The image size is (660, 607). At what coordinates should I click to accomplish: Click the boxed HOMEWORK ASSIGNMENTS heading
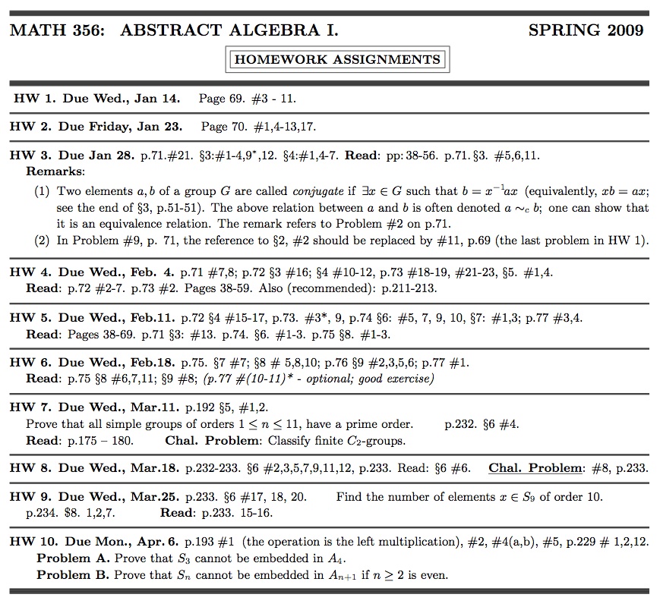(337, 59)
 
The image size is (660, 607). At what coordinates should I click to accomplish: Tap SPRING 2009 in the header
(586, 30)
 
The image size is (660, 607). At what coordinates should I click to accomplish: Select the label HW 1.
(33, 99)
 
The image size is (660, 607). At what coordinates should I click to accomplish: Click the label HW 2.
(31, 127)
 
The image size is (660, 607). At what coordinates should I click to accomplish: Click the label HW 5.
(31, 317)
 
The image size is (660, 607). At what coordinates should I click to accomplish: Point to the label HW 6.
(31, 362)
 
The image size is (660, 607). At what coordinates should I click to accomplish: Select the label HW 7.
(31, 407)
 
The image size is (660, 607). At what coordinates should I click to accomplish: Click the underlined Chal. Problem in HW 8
(535, 468)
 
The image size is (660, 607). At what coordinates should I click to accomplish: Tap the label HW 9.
(31, 497)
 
